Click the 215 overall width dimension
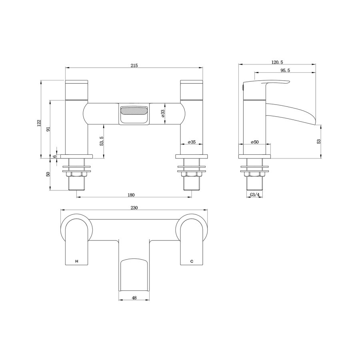click(x=134, y=66)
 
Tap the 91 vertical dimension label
click(x=48, y=129)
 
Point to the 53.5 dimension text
click(x=102, y=141)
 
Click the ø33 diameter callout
click(x=163, y=114)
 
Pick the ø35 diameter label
click(x=192, y=142)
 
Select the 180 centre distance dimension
click(x=131, y=195)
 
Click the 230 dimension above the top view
click(x=134, y=208)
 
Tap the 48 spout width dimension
click(x=134, y=298)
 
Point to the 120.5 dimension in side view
click(x=277, y=62)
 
